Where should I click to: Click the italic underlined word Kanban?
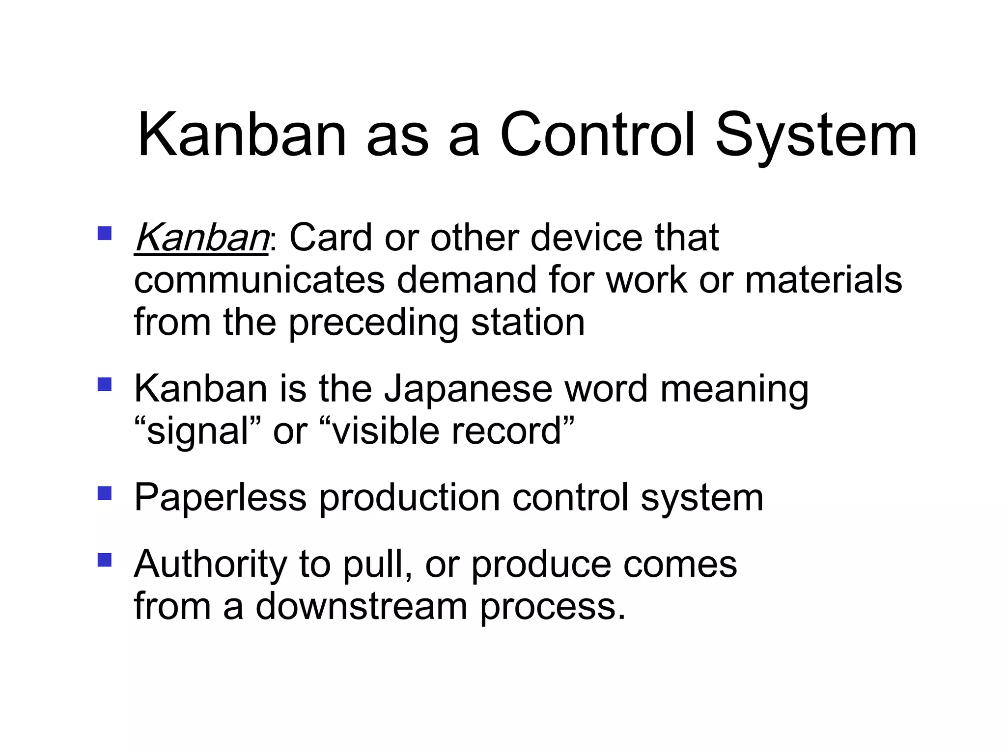click(201, 238)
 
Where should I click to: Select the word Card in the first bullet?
click(331, 238)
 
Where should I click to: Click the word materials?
click(823, 280)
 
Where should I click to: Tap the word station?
click(528, 323)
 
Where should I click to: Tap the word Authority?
click(210, 565)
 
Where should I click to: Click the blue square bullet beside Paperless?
click(105, 493)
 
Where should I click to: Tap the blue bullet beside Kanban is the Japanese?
click(105, 384)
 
